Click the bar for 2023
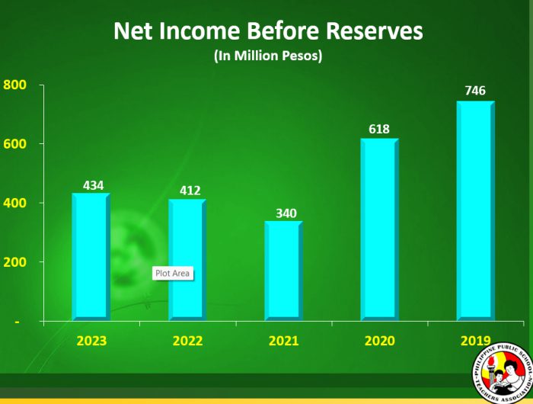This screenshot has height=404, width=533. pos(91,256)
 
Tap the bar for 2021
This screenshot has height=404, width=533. pos(282,271)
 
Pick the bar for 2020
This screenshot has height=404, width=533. pos(379,229)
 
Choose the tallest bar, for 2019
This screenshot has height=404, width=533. pos(475,210)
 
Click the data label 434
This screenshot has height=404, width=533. pos(93,185)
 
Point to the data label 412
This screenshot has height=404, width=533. pos(189,191)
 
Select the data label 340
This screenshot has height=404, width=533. pos(285,213)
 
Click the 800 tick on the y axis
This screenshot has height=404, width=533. pos(15,85)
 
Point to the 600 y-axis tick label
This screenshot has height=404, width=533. pos(15,144)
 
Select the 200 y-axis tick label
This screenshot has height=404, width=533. pos(15,262)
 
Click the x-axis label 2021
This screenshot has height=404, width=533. pos(284,341)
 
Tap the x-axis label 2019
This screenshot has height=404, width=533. pos(476,341)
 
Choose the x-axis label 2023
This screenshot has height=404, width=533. pos(91,341)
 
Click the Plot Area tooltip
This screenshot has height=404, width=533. pos(172,273)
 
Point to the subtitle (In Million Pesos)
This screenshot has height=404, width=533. pos(267,57)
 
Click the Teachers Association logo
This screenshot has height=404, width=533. pos(500,374)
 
